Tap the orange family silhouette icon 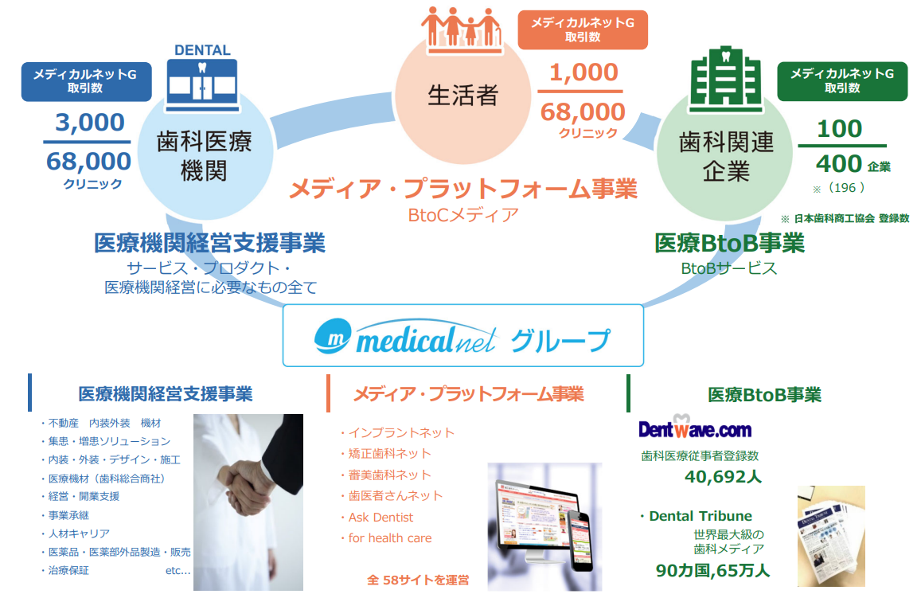point(462,30)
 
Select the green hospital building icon point(726,80)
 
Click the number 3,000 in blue point(90,123)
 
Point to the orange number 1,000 point(583,72)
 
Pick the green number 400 point(839,164)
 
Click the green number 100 point(839,129)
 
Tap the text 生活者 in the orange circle point(462,96)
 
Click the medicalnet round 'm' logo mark point(333,336)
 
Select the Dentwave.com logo point(695,427)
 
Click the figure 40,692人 point(723,476)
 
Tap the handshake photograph point(248,502)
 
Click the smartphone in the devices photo point(580,541)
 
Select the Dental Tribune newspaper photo point(831,536)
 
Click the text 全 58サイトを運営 point(418,580)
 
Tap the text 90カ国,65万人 point(712,570)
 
